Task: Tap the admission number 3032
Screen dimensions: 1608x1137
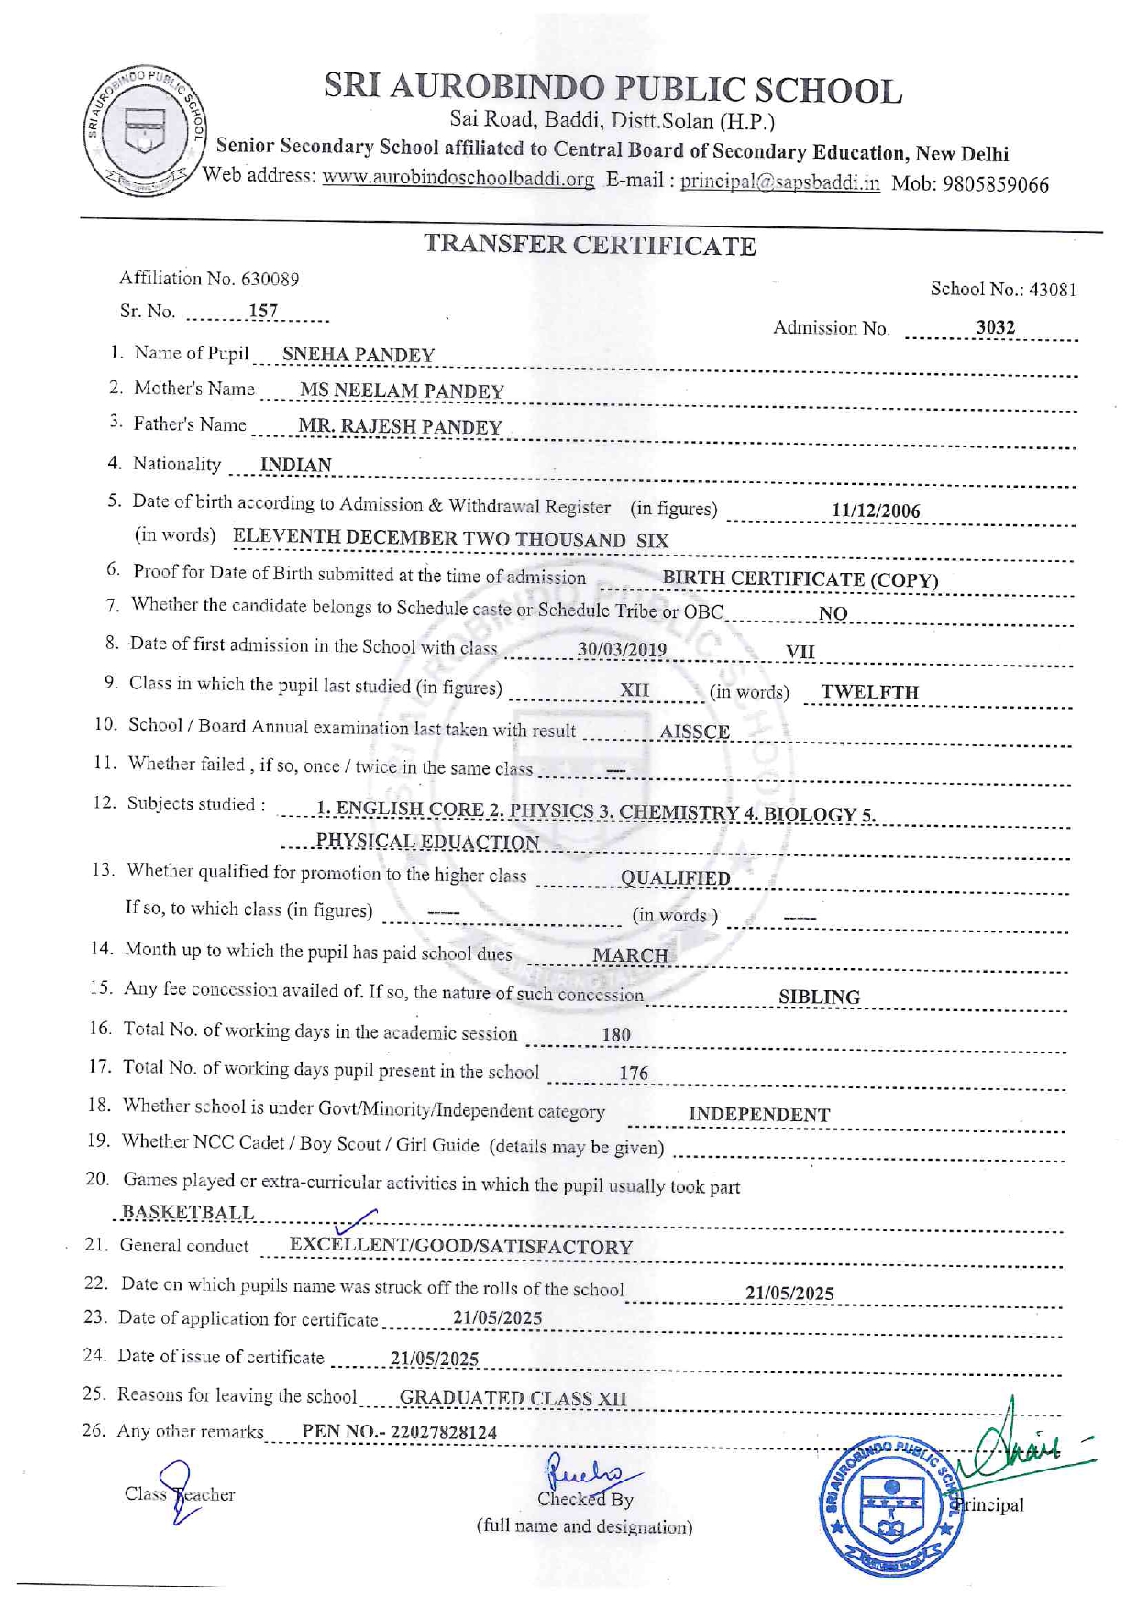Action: (x=995, y=327)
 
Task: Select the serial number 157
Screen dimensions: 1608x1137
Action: (x=263, y=311)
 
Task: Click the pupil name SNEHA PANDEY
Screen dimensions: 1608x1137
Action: (x=358, y=355)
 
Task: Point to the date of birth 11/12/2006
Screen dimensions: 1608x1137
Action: (x=876, y=511)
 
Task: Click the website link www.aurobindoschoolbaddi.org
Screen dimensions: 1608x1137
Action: (x=458, y=178)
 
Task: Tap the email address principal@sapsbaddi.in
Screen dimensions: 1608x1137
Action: (x=779, y=182)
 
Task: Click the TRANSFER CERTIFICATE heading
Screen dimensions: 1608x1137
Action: (x=590, y=245)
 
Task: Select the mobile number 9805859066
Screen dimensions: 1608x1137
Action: (x=995, y=184)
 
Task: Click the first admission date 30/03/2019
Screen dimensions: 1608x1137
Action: (x=622, y=649)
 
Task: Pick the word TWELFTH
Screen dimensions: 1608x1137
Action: (x=869, y=691)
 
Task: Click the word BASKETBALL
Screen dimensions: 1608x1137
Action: (x=188, y=1212)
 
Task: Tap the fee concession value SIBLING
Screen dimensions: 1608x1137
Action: (x=819, y=997)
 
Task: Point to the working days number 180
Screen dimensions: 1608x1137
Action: (x=615, y=1034)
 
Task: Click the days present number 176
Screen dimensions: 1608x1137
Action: (x=633, y=1073)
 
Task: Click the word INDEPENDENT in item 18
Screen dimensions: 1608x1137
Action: (x=759, y=1114)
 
